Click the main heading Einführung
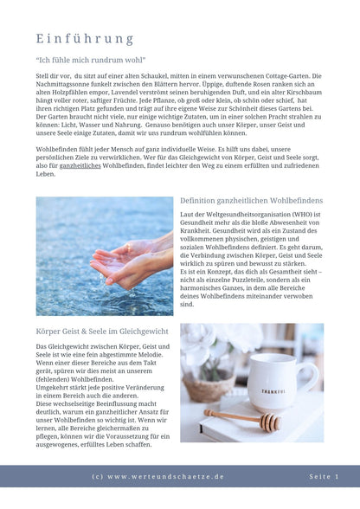(x=85, y=39)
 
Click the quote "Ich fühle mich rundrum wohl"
(x=84, y=61)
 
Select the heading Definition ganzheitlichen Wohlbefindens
(x=250, y=200)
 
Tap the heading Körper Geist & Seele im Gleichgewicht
(x=103, y=332)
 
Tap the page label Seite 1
(x=324, y=477)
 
